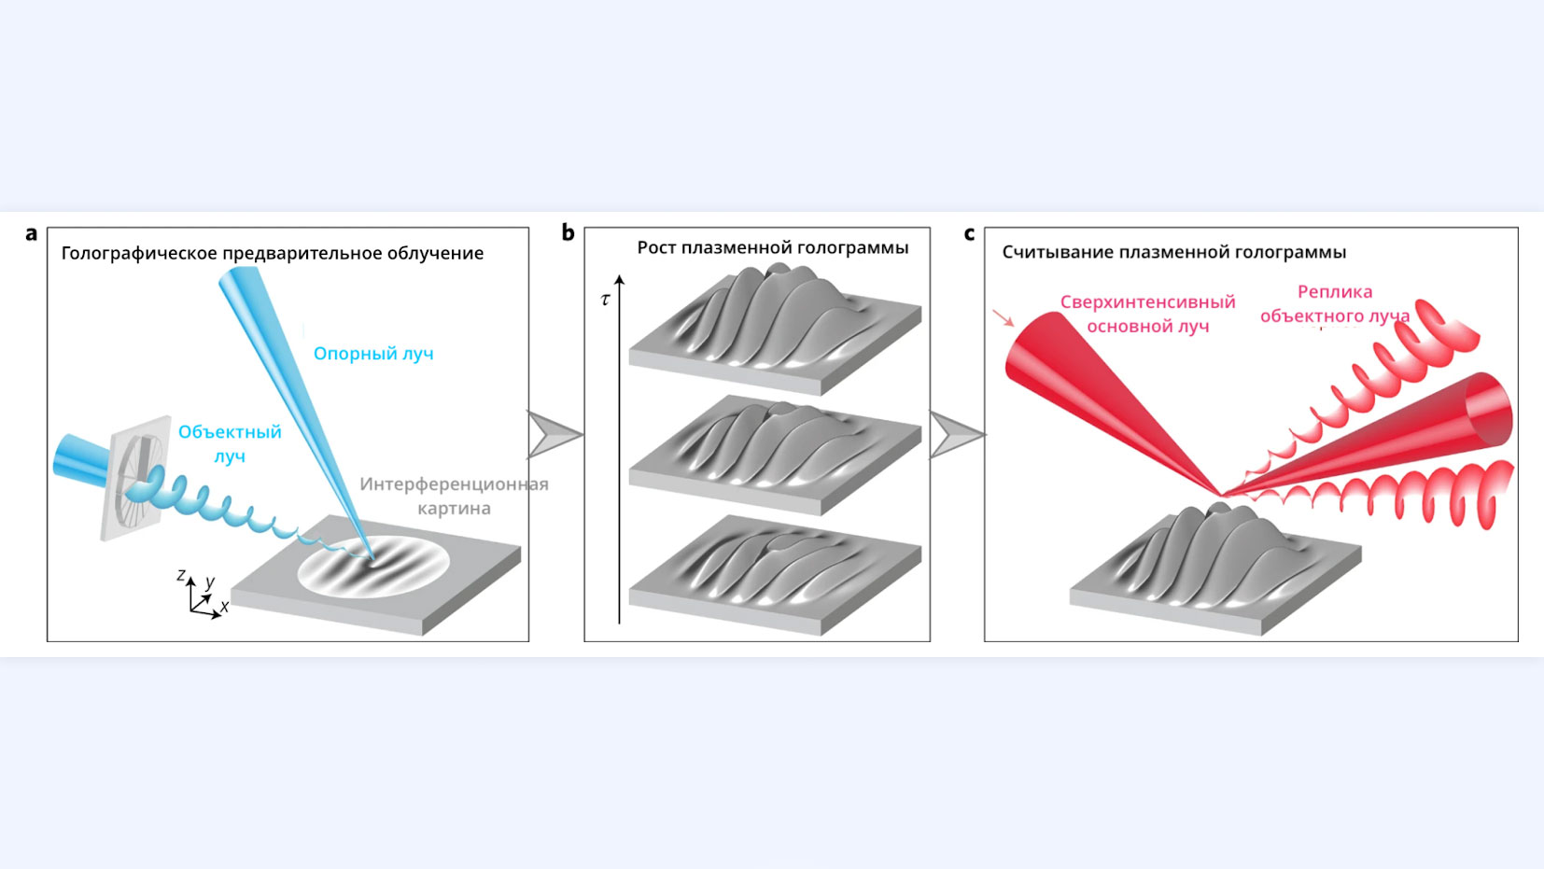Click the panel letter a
(x=32, y=234)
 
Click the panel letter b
(x=568, y=233)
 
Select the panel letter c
(x=969, y=234)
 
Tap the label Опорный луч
(x=373, y=354)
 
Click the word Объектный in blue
(x=230, y=432)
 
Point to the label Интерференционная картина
(x=454, y=496)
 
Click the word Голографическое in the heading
(x=138, y=253)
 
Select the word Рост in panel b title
(x=656, y=247)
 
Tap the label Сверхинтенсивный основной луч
(x=1147, y=314)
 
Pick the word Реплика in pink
(x=1335, y=292)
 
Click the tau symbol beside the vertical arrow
(x=606, y=300)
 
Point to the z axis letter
(x=181, y=575)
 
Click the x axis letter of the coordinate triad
(x=224, y=607)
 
